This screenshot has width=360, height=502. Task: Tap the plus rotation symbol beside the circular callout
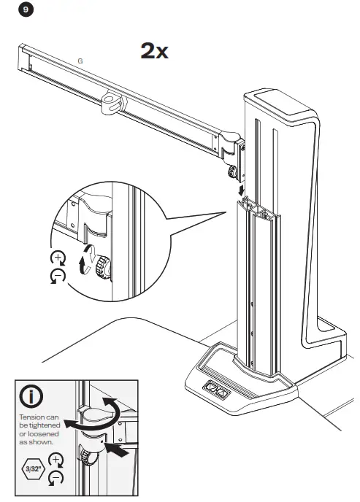(58, 258)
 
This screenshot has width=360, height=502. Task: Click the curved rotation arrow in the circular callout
(87, 260)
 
